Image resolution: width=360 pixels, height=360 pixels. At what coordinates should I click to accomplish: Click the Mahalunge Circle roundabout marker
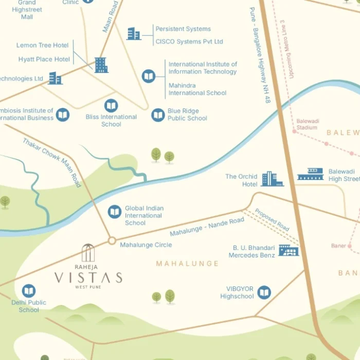coord(112,240)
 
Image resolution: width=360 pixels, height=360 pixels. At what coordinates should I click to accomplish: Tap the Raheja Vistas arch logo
coord(88,253)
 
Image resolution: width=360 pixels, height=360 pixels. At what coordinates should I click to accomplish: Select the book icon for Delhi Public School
coord(29,291)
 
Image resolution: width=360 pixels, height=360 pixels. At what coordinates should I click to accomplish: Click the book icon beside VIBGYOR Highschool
coord(264,293)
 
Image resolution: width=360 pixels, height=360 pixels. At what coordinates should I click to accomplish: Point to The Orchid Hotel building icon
coord(272,179)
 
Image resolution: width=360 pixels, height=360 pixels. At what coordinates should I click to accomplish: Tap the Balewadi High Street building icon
coord(311,174)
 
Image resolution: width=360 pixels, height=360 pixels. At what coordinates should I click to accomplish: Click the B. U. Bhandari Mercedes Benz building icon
coord(289,250)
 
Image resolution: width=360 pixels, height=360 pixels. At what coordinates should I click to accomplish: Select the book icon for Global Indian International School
coord(115,211)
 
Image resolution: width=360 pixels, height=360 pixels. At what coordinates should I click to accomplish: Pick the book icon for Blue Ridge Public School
coord(158,115)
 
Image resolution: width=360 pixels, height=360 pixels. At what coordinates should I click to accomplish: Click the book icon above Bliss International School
coord(111,106)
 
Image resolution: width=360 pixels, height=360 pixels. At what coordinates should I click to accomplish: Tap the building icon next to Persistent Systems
coord(134,34)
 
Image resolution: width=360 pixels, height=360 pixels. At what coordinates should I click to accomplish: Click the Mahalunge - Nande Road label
coord(207,227)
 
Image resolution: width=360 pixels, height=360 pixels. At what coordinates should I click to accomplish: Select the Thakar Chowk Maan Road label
coord(52,162)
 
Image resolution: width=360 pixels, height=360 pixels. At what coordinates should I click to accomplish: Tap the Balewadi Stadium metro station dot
coord(295,132)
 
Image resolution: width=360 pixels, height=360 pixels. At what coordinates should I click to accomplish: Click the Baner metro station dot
coord(350,246)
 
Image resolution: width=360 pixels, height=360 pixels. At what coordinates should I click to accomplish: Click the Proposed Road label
coord(272,220)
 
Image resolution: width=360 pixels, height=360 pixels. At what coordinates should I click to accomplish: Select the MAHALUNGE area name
coord(180,263)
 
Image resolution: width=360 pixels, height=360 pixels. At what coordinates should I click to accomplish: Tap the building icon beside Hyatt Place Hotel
coord(101,65)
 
